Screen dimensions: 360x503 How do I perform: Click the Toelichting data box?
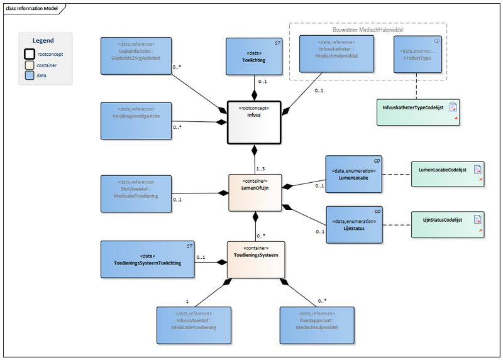tap(254, 57)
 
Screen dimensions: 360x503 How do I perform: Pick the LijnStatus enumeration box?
tap(353, 225)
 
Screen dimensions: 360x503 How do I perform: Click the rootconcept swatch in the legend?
tap(29, 54)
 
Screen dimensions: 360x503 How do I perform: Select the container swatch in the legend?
tap(29, 65)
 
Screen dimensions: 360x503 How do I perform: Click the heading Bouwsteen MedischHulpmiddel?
tap(368, 30)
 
